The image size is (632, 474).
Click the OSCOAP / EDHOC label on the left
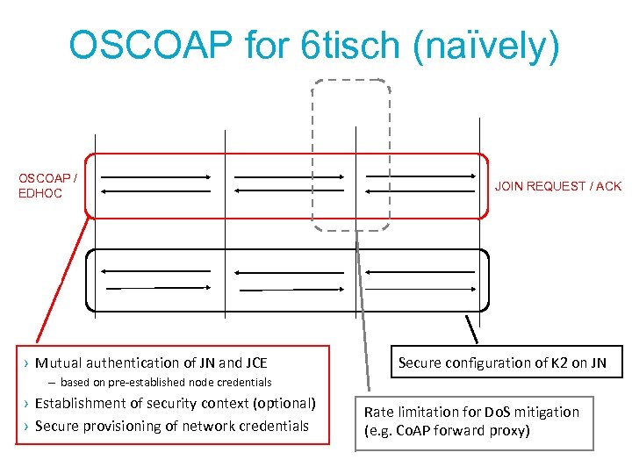(47, 186)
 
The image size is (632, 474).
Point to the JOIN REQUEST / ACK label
(558, 186)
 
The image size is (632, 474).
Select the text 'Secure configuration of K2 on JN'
(502, 363)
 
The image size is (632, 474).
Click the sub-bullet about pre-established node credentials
(166, 383)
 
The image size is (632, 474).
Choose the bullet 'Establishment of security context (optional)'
(175, 404)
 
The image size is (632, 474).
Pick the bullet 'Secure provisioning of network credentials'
(172, 426)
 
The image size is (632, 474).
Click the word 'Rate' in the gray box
(379, 412)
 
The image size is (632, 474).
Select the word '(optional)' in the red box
(283, 404)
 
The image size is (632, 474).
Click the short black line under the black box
(471, 328)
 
